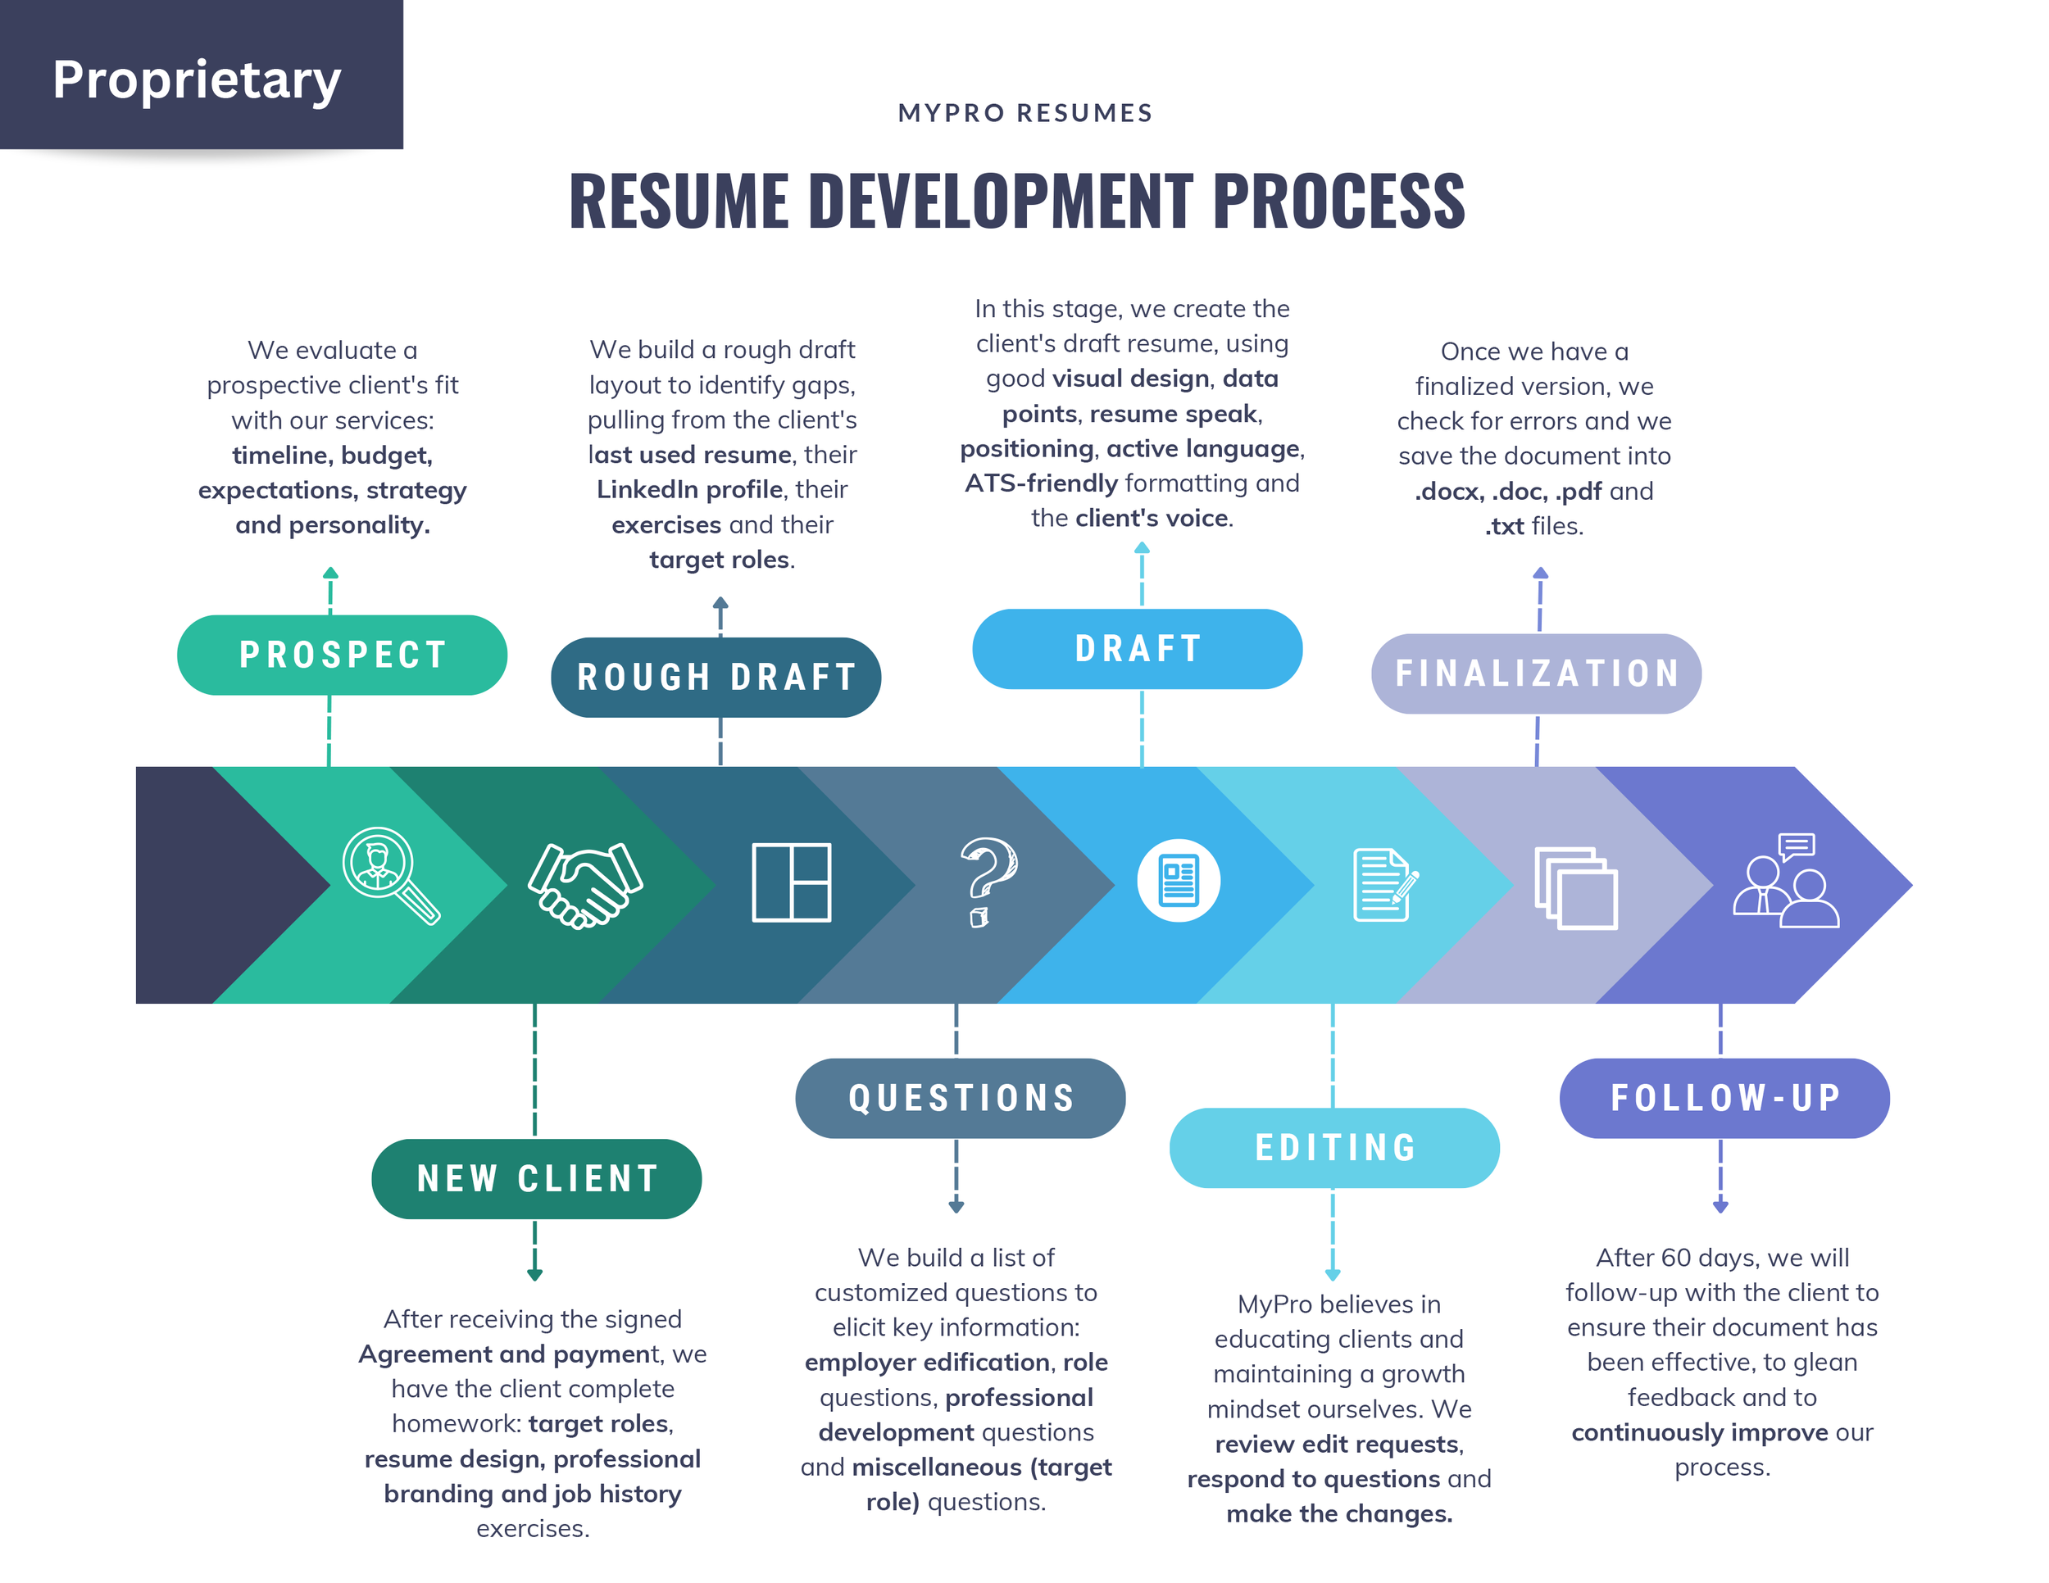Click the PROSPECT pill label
(342, 655)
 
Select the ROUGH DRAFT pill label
(716, 677)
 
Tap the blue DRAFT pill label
(1137, 649)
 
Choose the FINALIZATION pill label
(1536, 674)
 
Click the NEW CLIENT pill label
(537, 1179)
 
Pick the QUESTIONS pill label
(960, 1098)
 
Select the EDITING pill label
(1334, 1148)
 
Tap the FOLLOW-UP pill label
(1724, 1098)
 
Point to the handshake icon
(584, 884)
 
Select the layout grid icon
(791, 882)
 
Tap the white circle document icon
(1179, 881)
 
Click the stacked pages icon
(1575, 888)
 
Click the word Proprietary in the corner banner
(197, 79)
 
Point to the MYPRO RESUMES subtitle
(1024, 113)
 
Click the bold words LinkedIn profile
(689, 489)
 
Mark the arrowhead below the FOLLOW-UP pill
(1720, 1206)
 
